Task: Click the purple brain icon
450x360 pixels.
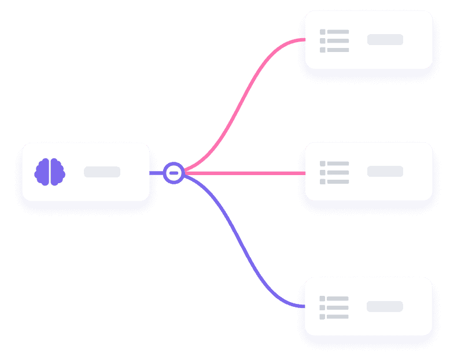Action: point(50,172)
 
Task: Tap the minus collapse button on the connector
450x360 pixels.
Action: point(174,173)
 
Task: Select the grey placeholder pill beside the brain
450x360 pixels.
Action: point(102,172)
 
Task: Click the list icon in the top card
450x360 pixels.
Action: point(334,40)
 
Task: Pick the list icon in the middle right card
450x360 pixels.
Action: point(334,172)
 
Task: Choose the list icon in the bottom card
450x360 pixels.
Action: point(334,307)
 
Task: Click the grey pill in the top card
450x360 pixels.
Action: point(385,40)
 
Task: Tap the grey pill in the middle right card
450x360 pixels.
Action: point(385,172)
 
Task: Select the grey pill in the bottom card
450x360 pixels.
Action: point(385,306)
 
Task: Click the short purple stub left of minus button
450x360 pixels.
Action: point(156,173)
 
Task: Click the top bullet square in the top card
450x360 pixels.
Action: point(323,32)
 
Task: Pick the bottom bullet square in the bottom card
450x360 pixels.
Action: point(322,317)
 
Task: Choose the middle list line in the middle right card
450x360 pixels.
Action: point(338,172)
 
